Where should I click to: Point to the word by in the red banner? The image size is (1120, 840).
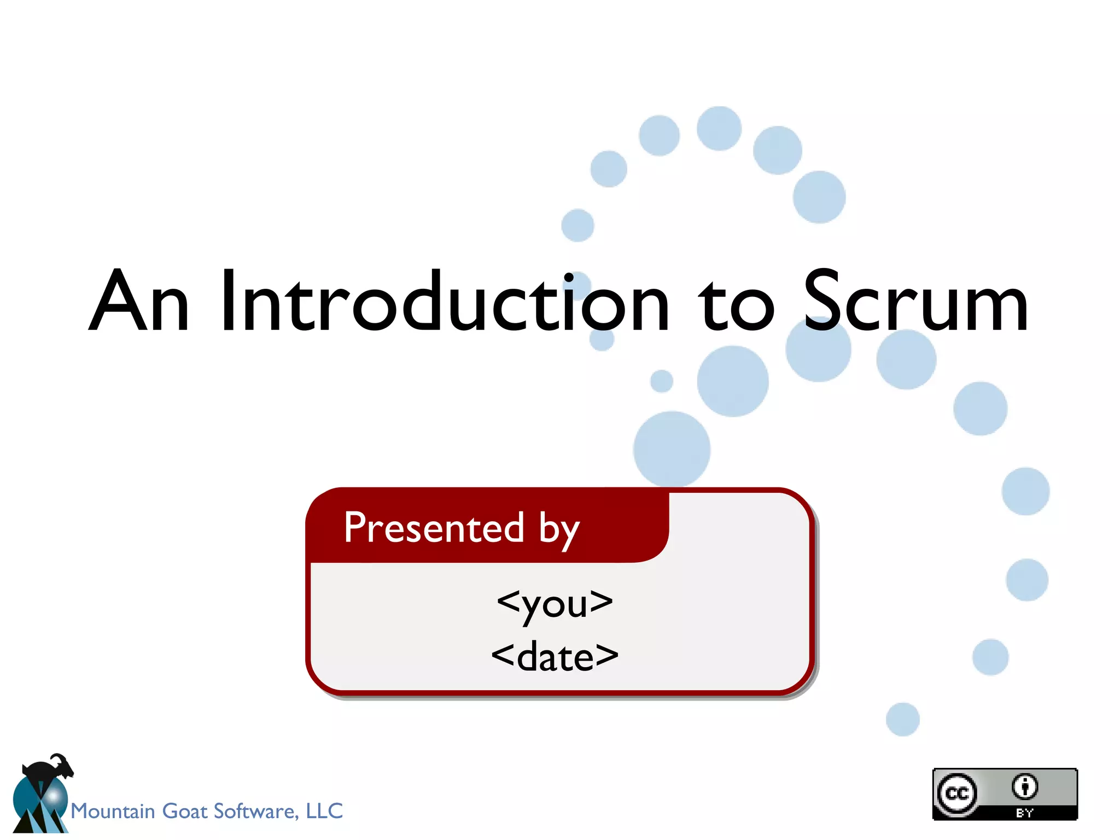coord(559,530)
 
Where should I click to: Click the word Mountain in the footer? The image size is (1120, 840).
coord(113,811)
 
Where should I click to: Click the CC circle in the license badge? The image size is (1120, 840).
coord(956,794)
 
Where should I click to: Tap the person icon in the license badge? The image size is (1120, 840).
coord(1024,786)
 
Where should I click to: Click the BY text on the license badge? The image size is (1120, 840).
coord(1024,813)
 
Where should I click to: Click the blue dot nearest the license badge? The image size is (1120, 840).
coord(902,719)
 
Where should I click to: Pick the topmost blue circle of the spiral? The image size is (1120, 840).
coord(719,129)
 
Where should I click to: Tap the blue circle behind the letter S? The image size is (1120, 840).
coord(818,349)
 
